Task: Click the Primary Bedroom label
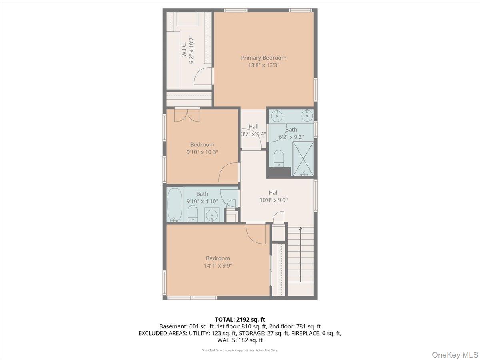(x=263, y=58)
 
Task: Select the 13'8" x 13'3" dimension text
(x=263, y=65)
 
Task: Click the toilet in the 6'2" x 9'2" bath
(x=279, y=158)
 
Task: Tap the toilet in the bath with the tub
(x=192, y=213)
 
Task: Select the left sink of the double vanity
(x=276, y=117)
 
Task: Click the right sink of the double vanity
(x=307, y=117)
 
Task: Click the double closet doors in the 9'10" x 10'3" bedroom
(x=187, y=114)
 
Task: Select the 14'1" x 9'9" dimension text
(x=218, y=265)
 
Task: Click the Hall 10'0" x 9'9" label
(x=274, y=196)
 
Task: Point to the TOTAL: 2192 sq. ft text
(x=240, y=319)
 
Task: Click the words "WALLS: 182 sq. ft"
(x=240, y=340)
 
